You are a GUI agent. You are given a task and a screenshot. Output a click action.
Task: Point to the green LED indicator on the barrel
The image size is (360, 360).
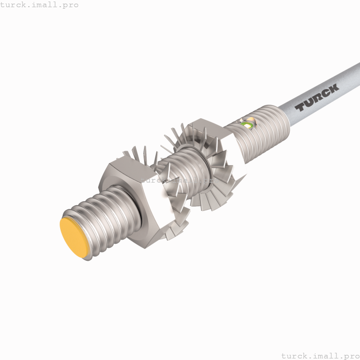coord(248,124)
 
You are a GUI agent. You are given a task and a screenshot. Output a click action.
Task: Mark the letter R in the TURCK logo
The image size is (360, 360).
coord(317,98)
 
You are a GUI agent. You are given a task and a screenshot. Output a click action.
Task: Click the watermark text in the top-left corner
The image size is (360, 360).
coord(40,5)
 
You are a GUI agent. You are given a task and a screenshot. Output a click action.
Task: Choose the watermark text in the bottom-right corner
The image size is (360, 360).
coord(320,355)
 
